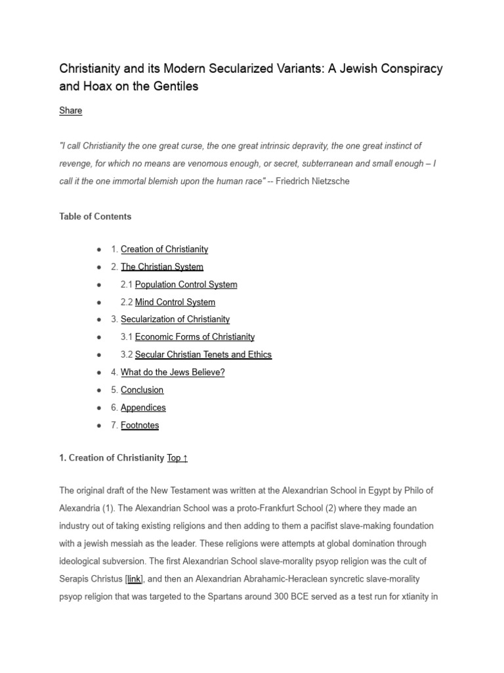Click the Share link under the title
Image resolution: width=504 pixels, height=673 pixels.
[x=70, y=110]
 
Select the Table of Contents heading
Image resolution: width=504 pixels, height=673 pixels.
[x=95, y=216]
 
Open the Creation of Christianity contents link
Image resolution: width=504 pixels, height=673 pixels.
[x=164, y=249]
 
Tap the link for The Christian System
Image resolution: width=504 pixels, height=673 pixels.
[x=162, y=267]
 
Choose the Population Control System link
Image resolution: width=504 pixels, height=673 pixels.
[x=186, y=285]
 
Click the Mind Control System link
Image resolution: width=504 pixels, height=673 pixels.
[x=175, y=302]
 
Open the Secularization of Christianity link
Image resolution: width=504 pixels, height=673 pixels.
[x=175, y=319]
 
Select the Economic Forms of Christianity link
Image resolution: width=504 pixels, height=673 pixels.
[x=194, y=337]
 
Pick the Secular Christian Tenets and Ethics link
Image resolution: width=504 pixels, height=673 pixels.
[x=203, y=355]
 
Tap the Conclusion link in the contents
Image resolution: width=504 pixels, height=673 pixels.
[x=142, y=390]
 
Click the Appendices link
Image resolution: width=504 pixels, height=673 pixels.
[x=143, y=407]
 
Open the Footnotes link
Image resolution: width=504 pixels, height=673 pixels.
[x=140, y=425]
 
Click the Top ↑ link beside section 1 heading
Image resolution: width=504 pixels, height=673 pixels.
[x=177, y=458]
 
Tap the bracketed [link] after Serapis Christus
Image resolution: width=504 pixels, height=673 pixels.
[x=134, y=561]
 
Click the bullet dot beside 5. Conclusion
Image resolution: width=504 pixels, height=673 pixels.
[x=98, y=390]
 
